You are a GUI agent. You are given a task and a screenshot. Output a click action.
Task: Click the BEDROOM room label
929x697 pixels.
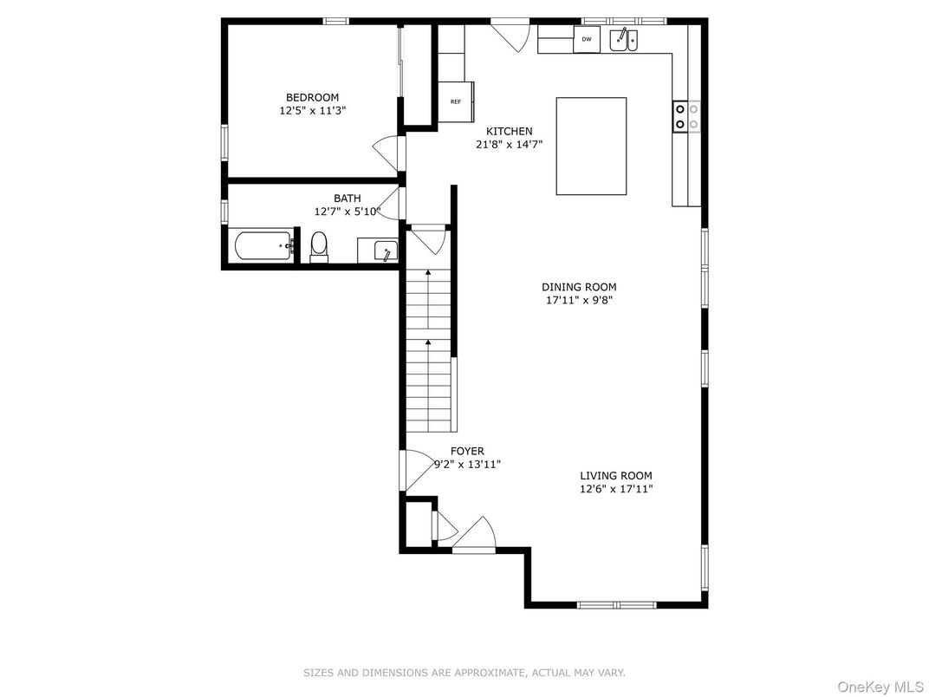[312, 97]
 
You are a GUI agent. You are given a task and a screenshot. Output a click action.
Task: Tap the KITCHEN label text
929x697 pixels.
[509, 131]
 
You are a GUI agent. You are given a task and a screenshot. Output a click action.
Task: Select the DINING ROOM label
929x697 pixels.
[579, 287]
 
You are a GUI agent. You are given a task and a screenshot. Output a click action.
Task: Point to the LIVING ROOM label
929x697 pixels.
[615, 475]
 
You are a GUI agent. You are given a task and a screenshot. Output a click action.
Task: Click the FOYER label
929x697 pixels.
[467, 451]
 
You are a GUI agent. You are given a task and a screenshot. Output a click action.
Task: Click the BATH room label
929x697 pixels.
[347, 198]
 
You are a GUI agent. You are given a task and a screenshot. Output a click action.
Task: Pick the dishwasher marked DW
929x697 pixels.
[587, 39]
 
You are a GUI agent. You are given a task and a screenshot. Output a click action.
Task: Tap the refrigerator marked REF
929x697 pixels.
[456, 102]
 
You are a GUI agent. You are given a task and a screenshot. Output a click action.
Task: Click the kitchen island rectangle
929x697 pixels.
[591, 146]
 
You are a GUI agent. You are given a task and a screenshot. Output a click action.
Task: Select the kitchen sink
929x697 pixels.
[623, 40]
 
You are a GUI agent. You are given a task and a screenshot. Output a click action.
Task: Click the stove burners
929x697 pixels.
[686, 116]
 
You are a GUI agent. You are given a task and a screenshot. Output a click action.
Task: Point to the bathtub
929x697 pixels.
[265, 246]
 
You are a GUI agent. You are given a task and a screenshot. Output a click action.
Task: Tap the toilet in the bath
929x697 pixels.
[319, 246]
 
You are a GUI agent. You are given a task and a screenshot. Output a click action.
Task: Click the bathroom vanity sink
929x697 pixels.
[378, 250]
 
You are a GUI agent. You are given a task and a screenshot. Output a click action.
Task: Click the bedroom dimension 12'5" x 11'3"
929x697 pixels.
[312, 110]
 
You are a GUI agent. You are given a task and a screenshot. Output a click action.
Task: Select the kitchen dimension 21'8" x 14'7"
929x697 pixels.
[509, 144]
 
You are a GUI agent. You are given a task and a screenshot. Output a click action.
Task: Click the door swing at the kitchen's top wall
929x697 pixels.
[510, 36]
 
